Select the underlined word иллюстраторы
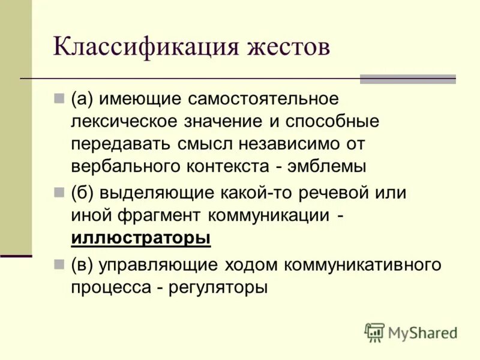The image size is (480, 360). click(x=141, y=238)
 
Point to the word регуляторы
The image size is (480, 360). click(x=219, y=286)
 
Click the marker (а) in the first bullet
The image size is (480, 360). click(x=82, y=98)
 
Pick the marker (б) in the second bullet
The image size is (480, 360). click(x=82, y=193)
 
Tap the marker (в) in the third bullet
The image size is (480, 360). click(x=82, y=265)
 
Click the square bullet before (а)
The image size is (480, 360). click(x=58, y=98)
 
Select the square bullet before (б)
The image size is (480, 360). click(x=58, y=193)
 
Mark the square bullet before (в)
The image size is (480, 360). click(x=58, y=265)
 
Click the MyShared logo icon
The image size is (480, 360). click(x=374, y=332)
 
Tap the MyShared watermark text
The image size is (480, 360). click(x=422, y=332)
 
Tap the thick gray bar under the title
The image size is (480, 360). click(x=407, y=79)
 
